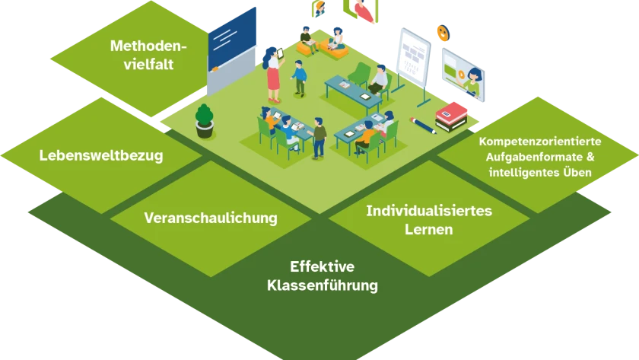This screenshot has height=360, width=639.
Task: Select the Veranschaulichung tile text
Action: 211,218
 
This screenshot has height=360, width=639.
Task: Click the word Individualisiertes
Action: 429,210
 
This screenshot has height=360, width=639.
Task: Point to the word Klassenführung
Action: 322,286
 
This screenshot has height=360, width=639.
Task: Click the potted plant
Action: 205,121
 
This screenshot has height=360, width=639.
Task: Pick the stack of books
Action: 454,116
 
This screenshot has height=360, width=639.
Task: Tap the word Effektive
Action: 322,267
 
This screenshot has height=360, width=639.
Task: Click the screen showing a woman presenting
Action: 463,74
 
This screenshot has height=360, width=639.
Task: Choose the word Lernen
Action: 429,228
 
